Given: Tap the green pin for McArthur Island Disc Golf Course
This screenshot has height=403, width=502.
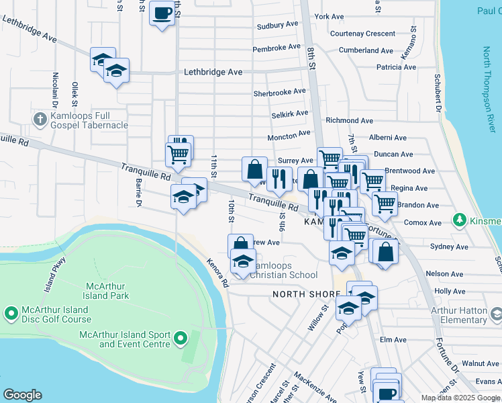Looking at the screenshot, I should point(11,313).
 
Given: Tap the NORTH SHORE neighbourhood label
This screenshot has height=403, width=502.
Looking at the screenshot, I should point(299,294).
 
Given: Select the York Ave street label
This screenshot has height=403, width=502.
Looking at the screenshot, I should point(329,16).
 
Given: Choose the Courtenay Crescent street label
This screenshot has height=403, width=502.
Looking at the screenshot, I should point(362,34).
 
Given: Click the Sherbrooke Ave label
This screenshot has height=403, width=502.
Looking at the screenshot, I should point(279,93).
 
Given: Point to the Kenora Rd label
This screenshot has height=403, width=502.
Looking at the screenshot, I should point(217,273).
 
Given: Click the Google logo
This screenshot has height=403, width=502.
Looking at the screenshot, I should point(21,395).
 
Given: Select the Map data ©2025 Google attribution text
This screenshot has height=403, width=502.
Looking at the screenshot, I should point(460,398).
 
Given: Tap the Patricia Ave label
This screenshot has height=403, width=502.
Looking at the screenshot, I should point(396,67).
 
